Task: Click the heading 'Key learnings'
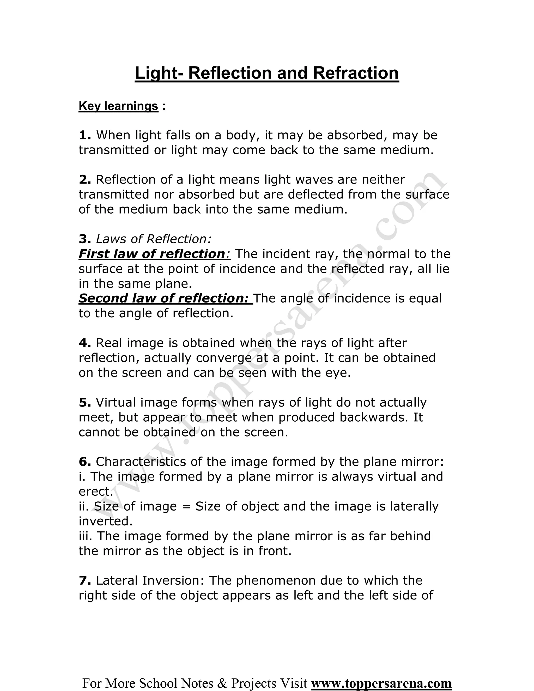pyautogui.click(x=118, y=106)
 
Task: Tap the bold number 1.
pyautogui.click(x=84, y=135)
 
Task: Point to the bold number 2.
pyautogui.click(x=84, y=180)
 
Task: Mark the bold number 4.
pyautogui.click(x=84, y=343)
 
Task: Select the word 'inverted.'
pyautogui.click(x=106, y=521)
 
